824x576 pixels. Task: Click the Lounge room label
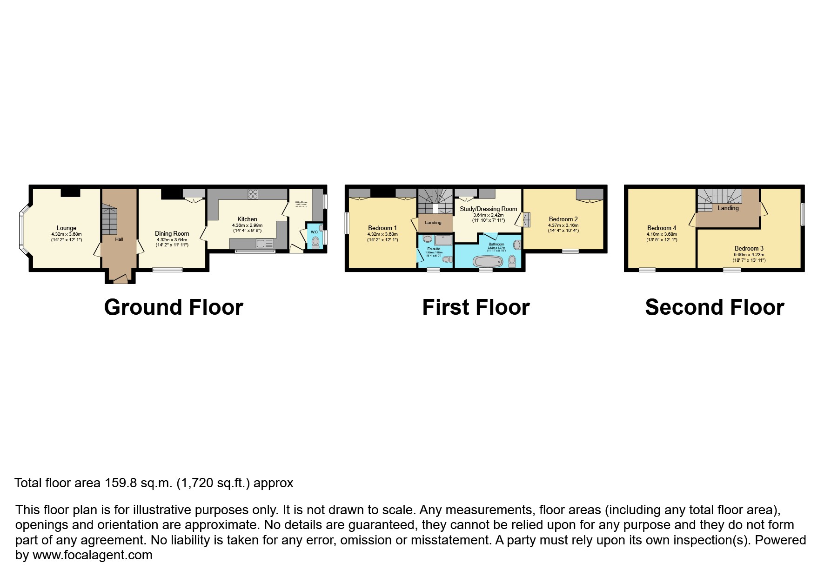pyautogui.click(x=67, y=228)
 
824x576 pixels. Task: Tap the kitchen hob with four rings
pyautogui.click(x=253, y=194)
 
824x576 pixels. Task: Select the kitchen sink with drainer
pyautogui.click(x=263, y=243)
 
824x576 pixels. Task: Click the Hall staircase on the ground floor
pyautogui.click(x=110, y=221)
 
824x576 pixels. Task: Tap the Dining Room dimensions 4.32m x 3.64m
pyautogui.click(x=172, y=240)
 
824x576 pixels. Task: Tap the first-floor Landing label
pyautogui.click(x=433, y=223)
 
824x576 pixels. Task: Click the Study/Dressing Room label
pyautogui.click(x=489, y=209)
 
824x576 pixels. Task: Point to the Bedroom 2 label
pyautogui.click(x=563, y=219)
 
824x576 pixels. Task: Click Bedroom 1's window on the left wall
pyautogui.click(x=347, y=223)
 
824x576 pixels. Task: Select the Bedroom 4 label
pyautogui.click(x=662, y=228)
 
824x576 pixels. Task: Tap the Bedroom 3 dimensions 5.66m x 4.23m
pyautogui.click(x=749, y=255)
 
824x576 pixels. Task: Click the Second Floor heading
pyautogui.click(x=714, y=308)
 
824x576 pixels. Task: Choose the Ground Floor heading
pyautogui.click(x=173, y=308)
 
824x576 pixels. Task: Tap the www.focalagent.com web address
pyautogui.click(x=92, y=555)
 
